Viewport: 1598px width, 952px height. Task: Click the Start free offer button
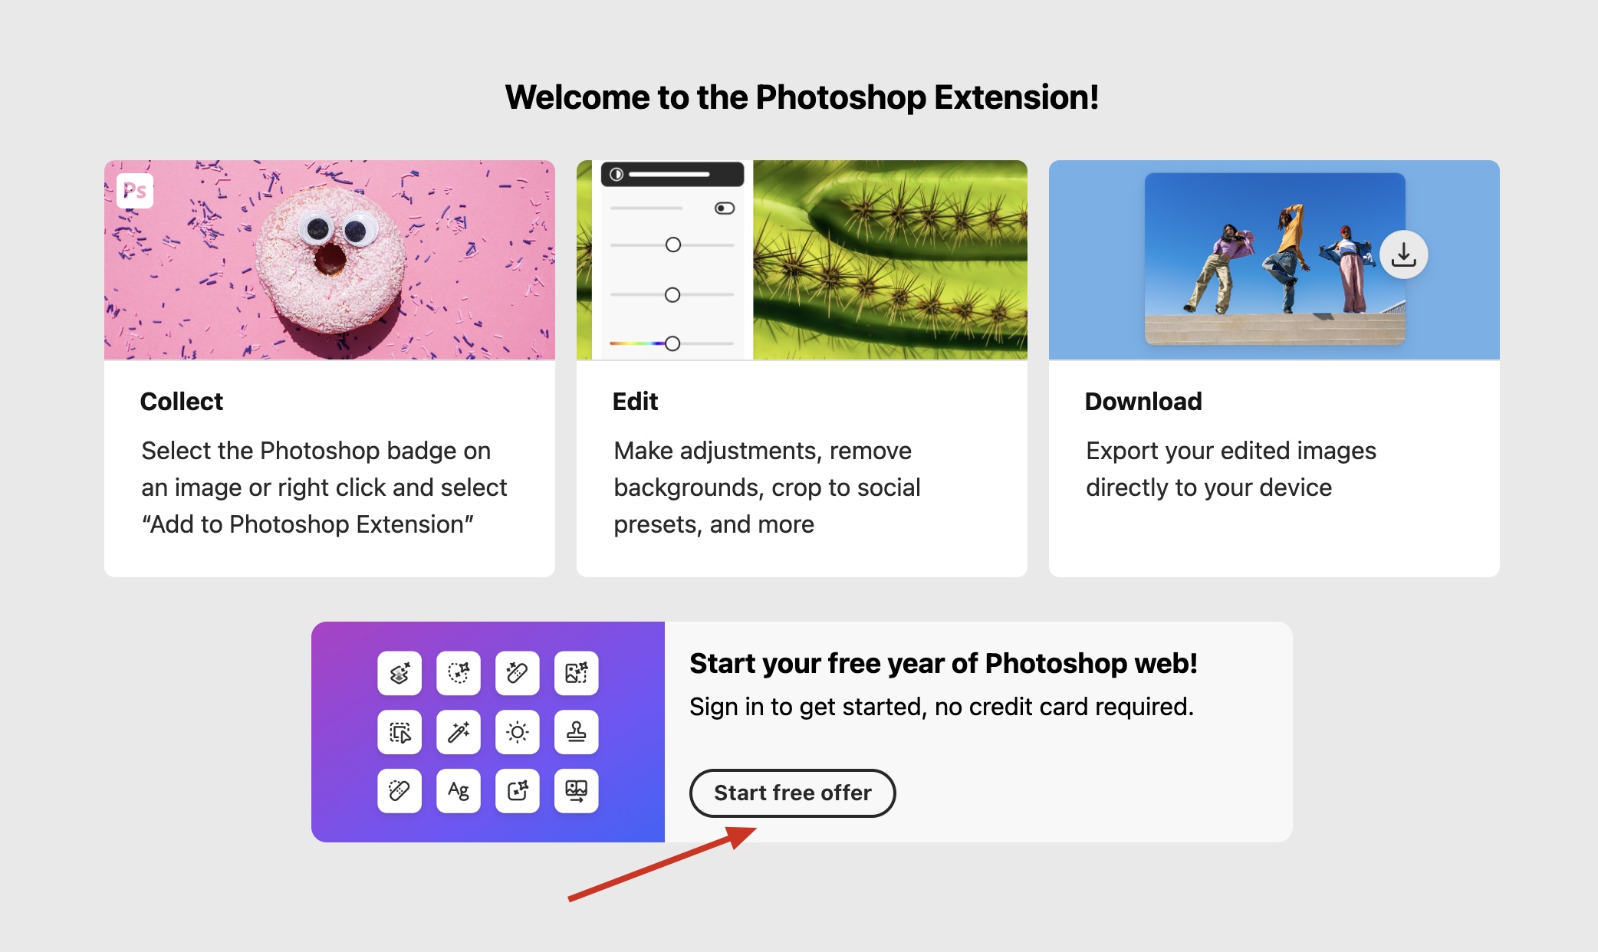(792, 793)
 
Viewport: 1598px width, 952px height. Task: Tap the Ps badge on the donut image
(135, 191)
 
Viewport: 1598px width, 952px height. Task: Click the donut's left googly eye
(317, 228)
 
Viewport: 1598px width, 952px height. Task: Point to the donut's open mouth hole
(330, 259)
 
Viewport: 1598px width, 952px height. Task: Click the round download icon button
(1403, 254)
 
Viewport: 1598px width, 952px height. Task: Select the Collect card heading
(182, 401)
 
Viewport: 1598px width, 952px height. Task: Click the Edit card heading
(635, 401)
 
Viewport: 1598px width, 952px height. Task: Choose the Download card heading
(1143, 401)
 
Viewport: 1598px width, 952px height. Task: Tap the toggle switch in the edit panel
(725, 208)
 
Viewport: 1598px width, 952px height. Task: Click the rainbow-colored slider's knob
(672, 343)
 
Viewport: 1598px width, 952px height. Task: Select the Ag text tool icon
(459, 790)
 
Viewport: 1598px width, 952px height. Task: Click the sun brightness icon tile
(518, 732)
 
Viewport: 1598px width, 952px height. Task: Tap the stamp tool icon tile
(577, 732)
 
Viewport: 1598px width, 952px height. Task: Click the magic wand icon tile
(459, 732)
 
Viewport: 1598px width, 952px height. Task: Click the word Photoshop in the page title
(841, 97)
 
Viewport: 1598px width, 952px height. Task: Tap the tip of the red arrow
(756, 829)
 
